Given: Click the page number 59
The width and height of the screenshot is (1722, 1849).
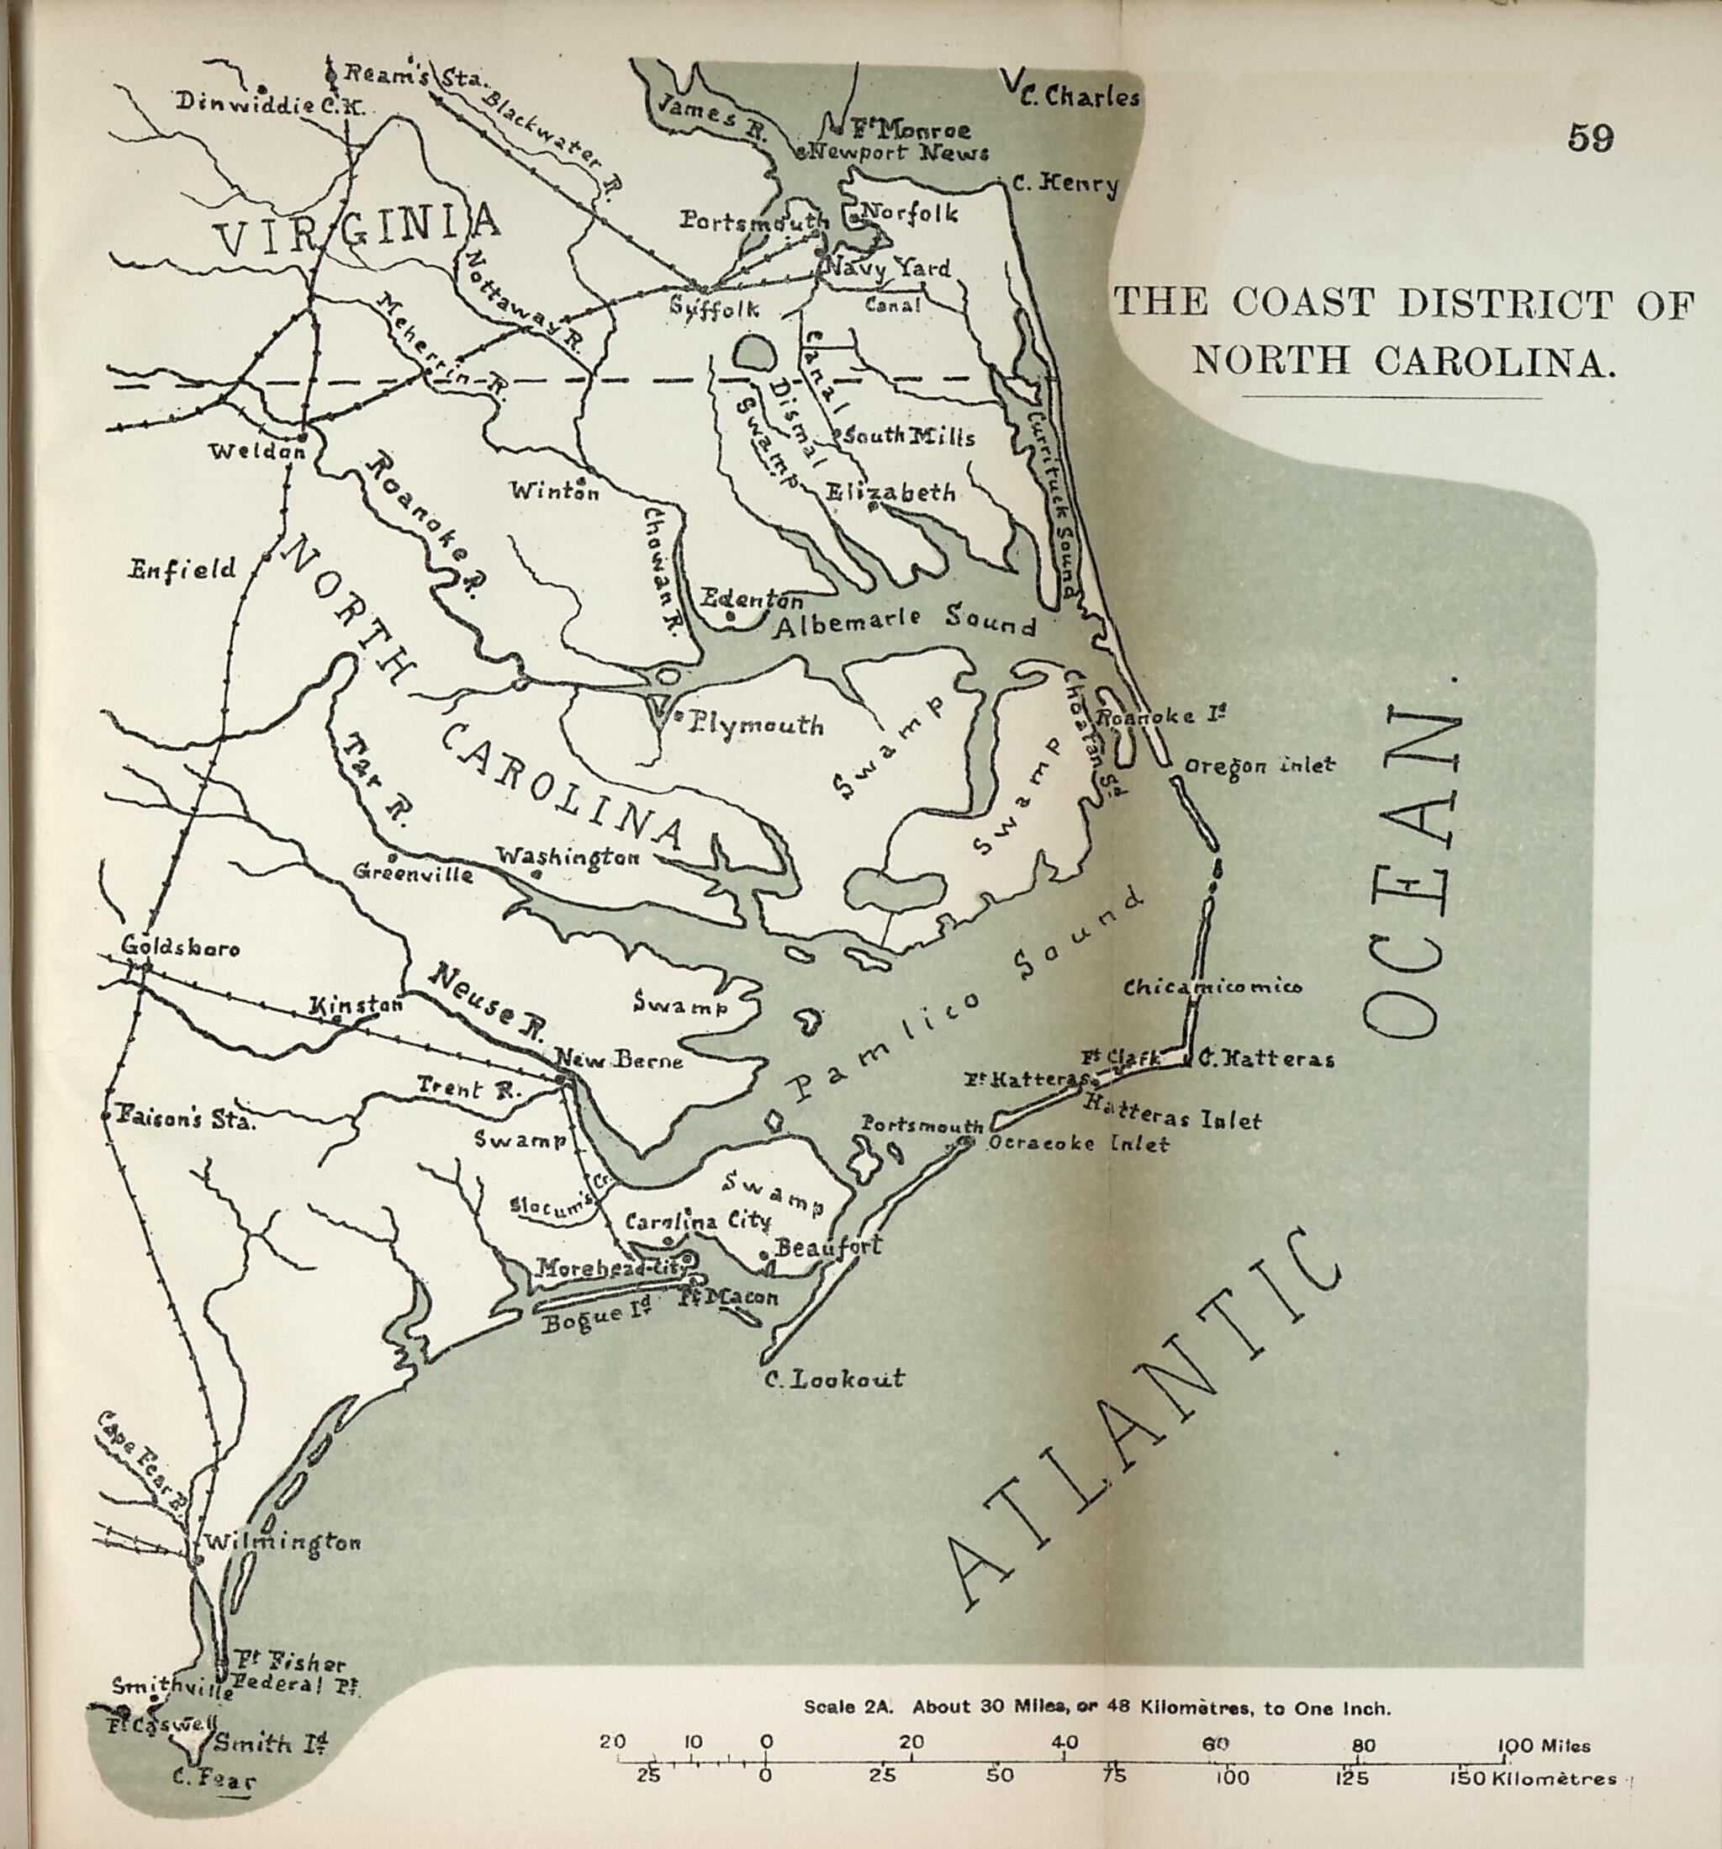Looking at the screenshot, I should tap(1590, 139).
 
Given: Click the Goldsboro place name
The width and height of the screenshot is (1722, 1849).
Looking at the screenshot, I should tap(181, 949).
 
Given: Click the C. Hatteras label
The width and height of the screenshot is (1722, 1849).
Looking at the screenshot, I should tap(1265, 1057).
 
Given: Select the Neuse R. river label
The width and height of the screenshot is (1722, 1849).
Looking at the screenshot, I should tap(486, 1004).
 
